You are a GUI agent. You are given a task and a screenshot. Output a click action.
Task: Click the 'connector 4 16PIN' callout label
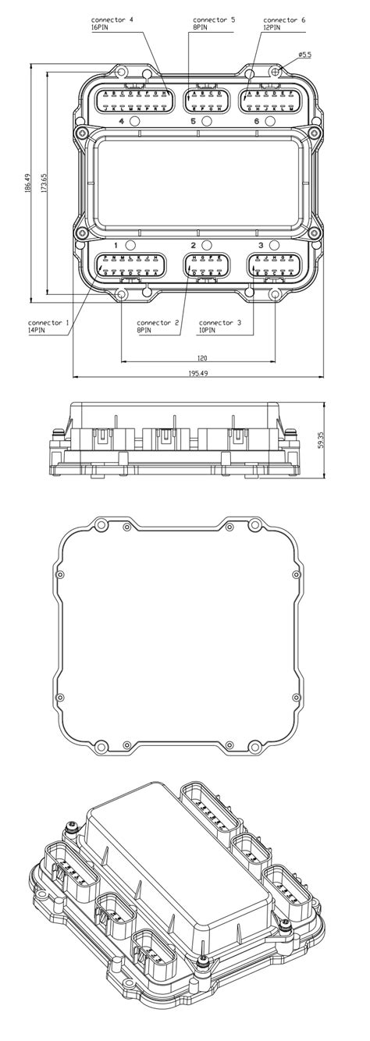point(112,22)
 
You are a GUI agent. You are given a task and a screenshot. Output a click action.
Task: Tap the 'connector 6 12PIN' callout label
point(285,22)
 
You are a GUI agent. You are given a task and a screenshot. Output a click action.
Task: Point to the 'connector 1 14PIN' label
point(48,326)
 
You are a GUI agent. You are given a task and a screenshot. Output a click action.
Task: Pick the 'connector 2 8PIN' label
point(158,326)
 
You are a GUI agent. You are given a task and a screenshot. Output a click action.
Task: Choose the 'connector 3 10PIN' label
point(220,326)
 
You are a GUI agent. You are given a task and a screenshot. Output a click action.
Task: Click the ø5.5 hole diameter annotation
point(306,55)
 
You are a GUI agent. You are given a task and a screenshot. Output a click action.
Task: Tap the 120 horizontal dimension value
point(201,357)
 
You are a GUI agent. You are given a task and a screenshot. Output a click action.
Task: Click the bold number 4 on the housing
point(121,122)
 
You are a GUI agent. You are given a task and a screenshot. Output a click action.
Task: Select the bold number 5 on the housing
point(193,122)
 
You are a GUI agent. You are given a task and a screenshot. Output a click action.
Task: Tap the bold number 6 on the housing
point(257,122)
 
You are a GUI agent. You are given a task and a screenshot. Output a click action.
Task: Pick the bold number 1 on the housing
point(115,246)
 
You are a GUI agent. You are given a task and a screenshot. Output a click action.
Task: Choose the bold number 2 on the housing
point(193,246)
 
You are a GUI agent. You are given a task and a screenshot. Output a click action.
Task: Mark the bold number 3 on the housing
point(261,246)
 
